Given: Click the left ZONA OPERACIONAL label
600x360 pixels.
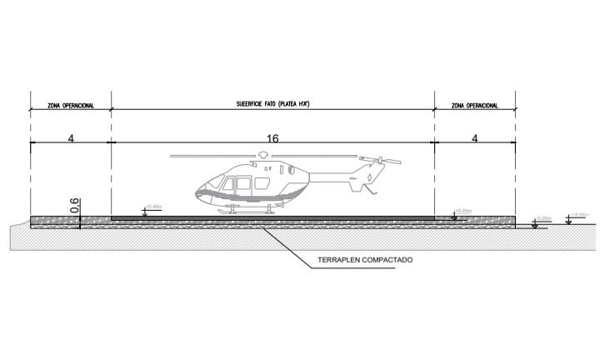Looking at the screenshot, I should [71, 107].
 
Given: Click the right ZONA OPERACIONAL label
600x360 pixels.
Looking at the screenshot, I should [474, 107].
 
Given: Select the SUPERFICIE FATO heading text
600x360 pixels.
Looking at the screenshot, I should [272, 106].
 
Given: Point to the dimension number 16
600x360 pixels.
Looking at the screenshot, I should [272, 138].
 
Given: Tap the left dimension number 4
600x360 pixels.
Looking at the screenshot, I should [71, 138].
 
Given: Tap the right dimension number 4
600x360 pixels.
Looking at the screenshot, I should [474, 138].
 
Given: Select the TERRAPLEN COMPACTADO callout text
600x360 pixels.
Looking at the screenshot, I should [365, 260].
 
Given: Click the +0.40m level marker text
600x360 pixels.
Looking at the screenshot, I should [153, 207].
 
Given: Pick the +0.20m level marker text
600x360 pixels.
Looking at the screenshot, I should [463, 211].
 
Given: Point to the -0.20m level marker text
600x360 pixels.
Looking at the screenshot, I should [546, 218].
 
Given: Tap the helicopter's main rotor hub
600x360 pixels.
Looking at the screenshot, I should [264, 155].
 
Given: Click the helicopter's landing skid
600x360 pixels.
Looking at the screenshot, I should [246, 212].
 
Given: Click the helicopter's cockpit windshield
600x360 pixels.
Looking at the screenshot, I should [218, 181].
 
